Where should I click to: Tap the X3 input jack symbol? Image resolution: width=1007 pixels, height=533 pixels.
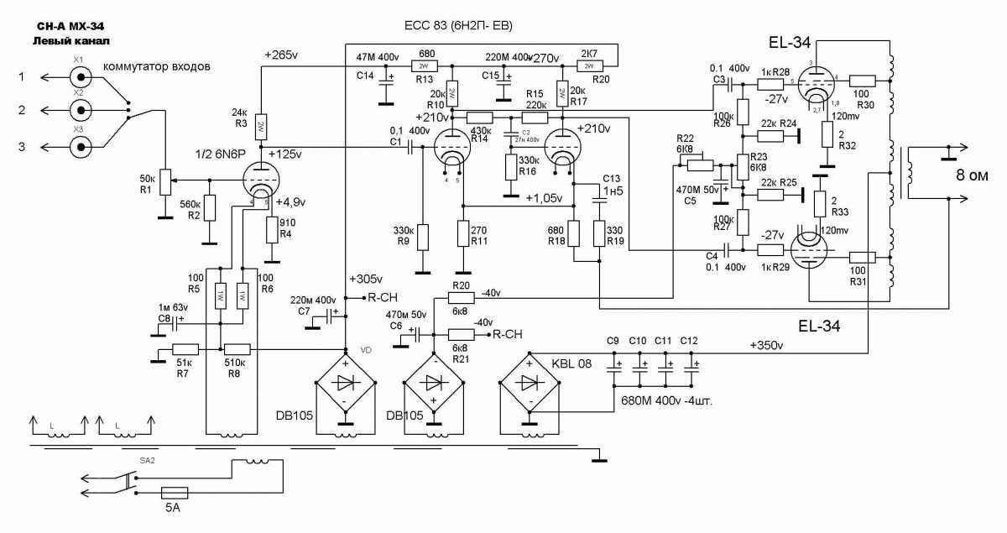point(80,148)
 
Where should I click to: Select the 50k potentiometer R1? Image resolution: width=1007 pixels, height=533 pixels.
point(164,180)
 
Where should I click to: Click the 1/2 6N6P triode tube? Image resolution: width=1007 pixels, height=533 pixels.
point(259,179)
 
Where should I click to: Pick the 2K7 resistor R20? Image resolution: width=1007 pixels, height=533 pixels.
point(589,65)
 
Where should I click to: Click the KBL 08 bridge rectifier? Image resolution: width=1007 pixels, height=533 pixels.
point(528,384)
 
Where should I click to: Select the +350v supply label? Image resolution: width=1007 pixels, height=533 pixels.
point(767,345)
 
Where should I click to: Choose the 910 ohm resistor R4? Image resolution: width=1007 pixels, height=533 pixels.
point(273,229)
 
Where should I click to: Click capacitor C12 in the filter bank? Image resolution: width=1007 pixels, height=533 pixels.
point(691,363)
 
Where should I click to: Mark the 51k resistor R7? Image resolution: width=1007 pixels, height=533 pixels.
point(185,350)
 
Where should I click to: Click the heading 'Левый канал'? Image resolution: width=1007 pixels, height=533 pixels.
point(71,40)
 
